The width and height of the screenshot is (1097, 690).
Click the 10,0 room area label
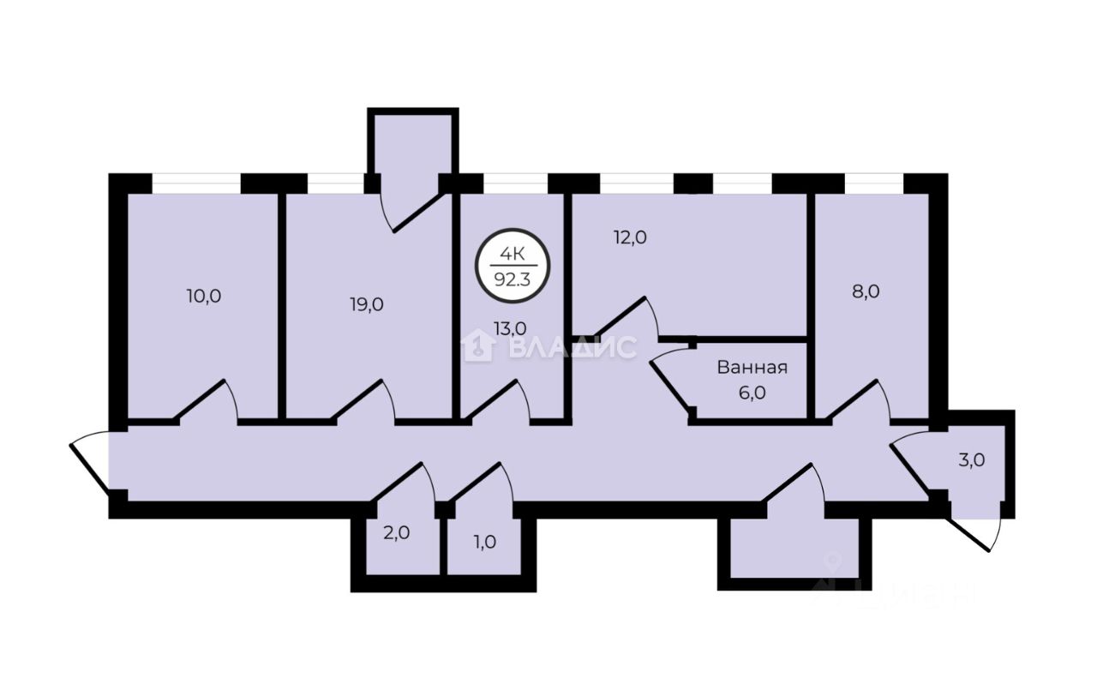pyautogui.click(x=204, y=297)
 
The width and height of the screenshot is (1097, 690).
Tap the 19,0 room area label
pyautogui.click(x=366, y=303)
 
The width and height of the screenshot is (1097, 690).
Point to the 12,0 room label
pyautogui.click(x=629, y=237)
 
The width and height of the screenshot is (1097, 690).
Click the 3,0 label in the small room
pyautogui.click(x=972, y=459)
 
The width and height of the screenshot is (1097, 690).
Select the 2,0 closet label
pyautogui.click(x=396, y=532)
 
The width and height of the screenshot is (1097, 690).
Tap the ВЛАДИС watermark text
pyautogui.click(x=572, y=347)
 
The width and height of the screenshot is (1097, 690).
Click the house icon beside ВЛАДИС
pyautogui.click(x=477, y=346)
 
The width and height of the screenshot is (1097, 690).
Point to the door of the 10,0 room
pyautogui.click(x=209, y=401)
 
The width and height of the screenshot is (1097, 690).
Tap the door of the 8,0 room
pyautogui.click(x=861, y=401)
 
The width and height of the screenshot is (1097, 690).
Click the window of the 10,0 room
pyautogui.click(x=196, y=183)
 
